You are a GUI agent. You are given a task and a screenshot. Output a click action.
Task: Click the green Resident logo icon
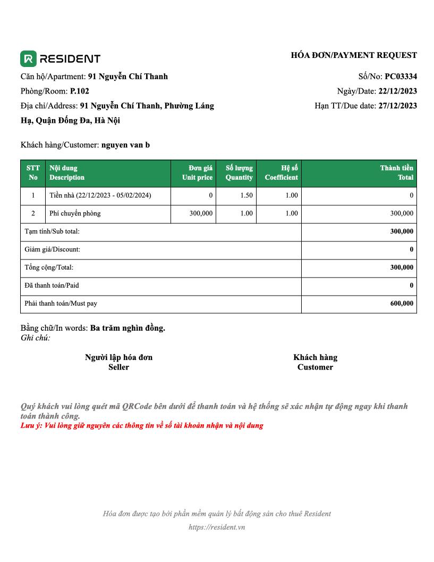[x=28, y=58]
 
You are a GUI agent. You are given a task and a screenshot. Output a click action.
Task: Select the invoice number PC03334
[x=401, y=77]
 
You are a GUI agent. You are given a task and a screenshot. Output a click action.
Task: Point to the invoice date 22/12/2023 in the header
[x=397, y=91]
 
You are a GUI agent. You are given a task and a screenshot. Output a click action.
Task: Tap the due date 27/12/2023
[x=397, y=105]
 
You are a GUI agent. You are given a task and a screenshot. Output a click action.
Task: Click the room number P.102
[x=80, y=91]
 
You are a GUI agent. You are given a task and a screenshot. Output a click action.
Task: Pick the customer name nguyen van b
[x=125, y=145]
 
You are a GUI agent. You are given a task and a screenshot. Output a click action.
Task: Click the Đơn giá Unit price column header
[x=197, y=173]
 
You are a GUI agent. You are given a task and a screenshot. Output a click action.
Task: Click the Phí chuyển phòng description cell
[x=75, y=214]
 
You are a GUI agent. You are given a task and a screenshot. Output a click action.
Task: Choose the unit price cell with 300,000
[x=201, y=214]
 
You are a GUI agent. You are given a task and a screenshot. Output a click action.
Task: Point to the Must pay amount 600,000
[x=402, y=304]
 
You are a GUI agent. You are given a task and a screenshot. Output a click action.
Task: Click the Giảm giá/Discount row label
[x=53, y=249]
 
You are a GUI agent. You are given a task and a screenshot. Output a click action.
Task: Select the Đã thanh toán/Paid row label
[x=52, y=286]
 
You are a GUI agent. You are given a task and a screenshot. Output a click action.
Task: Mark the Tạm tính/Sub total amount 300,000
[x=402, y=231]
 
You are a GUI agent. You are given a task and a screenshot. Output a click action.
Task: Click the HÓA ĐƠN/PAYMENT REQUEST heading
[x=354, y=55]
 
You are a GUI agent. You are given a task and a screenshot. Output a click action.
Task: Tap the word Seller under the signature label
[x=118, y=367]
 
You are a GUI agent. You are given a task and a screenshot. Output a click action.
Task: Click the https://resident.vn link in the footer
[x=217, y=527]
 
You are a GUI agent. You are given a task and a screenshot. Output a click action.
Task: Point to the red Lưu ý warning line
[x=142, y=426]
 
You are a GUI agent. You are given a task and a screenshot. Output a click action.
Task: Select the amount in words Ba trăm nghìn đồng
[x=127, y=328]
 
